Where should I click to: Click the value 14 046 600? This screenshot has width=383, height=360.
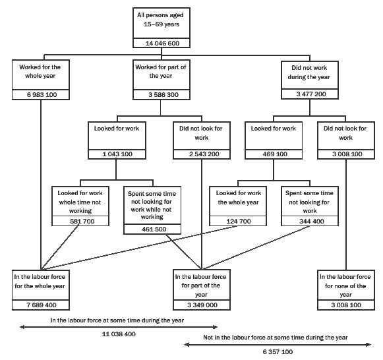click(162, 44)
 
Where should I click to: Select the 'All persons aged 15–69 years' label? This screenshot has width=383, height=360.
click(162, 20)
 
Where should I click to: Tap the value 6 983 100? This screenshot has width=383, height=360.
click(40, 95)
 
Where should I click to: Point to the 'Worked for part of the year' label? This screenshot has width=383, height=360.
click(162, 71)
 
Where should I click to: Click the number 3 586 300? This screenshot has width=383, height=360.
click(162, 95)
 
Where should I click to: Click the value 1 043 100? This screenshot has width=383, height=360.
click(115, 154)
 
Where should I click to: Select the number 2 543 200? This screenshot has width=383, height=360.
click(200, 154)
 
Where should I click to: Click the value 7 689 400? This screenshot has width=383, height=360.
click(40, 306)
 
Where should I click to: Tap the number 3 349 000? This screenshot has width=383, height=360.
click(200, 306)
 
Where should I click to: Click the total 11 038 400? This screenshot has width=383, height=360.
click(119, 334)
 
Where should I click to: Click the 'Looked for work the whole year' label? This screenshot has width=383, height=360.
click(238, 197)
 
